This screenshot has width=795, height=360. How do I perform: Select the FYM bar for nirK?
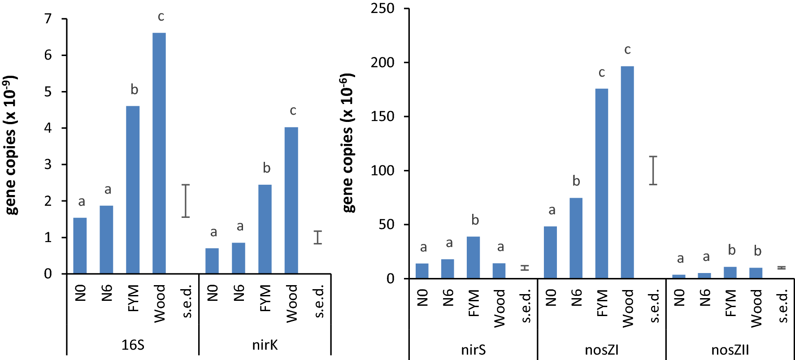[265, 229]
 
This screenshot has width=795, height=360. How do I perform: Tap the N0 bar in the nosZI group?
[550, 252]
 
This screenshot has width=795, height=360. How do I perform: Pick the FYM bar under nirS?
[473, 257]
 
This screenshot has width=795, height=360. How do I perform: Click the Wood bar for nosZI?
[627, 173]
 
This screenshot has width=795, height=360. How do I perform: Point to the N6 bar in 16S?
[106, 239]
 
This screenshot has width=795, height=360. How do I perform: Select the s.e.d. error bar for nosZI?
[653, 170]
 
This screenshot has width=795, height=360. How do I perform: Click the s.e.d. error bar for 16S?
[186, 201]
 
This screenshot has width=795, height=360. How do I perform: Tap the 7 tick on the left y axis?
[48, 19]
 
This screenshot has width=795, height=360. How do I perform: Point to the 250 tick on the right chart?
[382, 8]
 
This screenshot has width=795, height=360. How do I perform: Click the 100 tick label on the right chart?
[382, 170]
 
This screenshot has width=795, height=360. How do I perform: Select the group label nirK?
[265, 345]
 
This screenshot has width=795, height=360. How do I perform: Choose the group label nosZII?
[730, 350]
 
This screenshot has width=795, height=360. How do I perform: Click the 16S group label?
[133, 345]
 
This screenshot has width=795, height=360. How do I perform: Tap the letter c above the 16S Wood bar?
[161, 17]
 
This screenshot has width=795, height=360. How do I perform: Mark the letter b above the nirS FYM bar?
[475, 220]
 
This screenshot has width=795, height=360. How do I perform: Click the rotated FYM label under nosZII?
[730, 303]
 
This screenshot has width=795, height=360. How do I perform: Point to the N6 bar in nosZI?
[576, 238]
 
